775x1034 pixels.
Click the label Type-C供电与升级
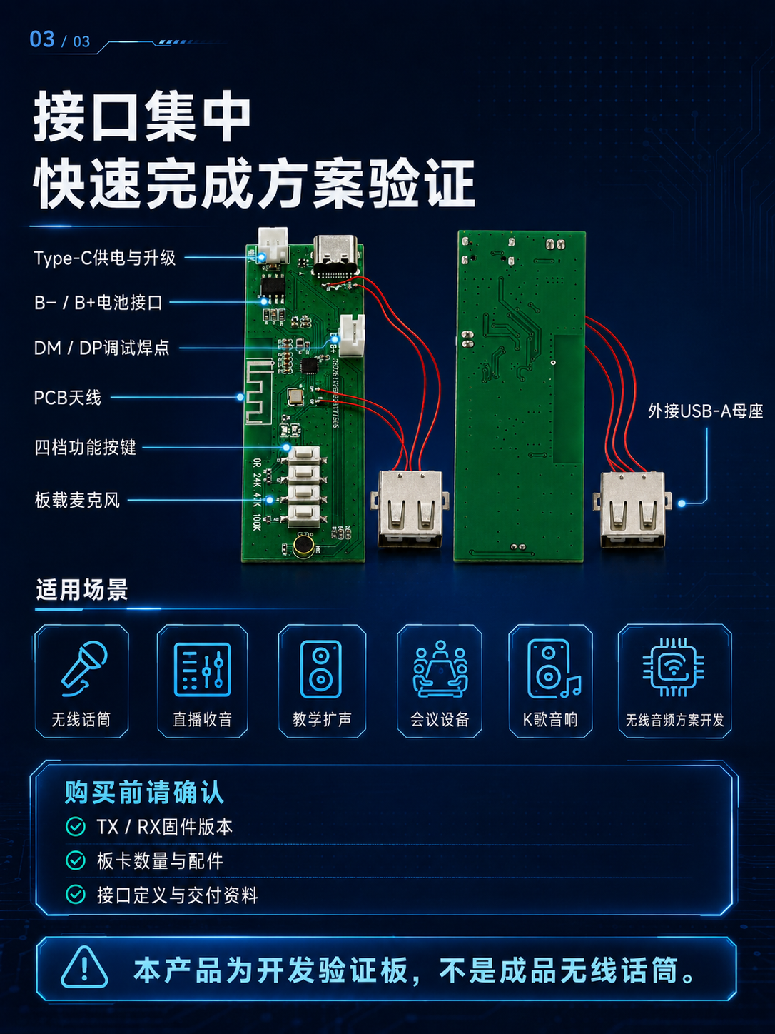[x=104, y=258]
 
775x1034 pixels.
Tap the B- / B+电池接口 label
[x=98, y=303]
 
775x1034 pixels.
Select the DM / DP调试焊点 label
[x=101, y=348]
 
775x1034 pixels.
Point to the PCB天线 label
[x=67, y=398]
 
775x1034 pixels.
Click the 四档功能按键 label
[x=85, y=447]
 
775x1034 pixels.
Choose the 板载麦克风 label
[x=77, y=501]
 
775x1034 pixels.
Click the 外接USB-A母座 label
[x=705, y=411]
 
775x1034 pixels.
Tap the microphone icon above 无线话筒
[x=83, y=668]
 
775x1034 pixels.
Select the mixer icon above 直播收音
[x=203, y=669]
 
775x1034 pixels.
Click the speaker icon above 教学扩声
[x=321, y=669]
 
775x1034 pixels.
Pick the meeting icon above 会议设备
[x=440, y=668]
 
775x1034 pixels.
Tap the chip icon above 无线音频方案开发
[x=674, y=667]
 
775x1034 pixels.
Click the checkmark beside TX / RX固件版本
[x=76, y=827]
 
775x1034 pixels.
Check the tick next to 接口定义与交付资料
[x=76, y=895]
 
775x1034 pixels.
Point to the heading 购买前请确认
[x=144, y=793]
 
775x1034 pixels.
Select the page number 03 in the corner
[x=42, y=39]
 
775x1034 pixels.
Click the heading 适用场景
[x=82, y=590]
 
